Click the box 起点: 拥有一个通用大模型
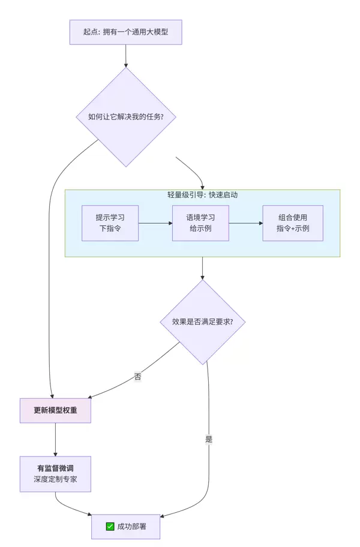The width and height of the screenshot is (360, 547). (x=125, y=32)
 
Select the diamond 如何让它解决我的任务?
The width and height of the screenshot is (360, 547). (x=125, y=117)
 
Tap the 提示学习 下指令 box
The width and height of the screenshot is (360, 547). (x=110, y=223)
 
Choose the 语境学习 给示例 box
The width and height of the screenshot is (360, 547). (x=200, y=223)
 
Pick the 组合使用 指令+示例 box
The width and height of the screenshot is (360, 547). (x=293, y=223)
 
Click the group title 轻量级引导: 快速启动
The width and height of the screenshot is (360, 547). (x=202, y=195)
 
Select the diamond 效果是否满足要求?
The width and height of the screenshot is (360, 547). (x=202, y=321)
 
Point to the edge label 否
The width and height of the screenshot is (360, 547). (x=138, y=377)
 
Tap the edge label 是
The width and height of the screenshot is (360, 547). (x=209, y=439)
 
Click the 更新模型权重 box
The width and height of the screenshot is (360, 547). (x=55, y=410)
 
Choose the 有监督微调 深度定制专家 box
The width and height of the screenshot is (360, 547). (x=55, y=473)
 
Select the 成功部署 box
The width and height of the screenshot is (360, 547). (x=126, y=526)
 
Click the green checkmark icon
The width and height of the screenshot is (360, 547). (x=110, y=526)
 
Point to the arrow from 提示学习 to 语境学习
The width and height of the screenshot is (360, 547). (x=155, y=223)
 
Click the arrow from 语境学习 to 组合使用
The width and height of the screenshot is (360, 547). (x=246, y=223)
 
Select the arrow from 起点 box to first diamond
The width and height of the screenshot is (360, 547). (x=125, y=56)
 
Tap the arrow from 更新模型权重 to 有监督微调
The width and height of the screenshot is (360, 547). (x=55, y=439)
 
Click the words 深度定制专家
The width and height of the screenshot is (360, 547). (x=55, y=480)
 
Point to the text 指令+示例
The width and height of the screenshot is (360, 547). (x=293, y=229)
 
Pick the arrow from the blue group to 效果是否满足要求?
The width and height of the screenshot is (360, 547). (x=202, y=268)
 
